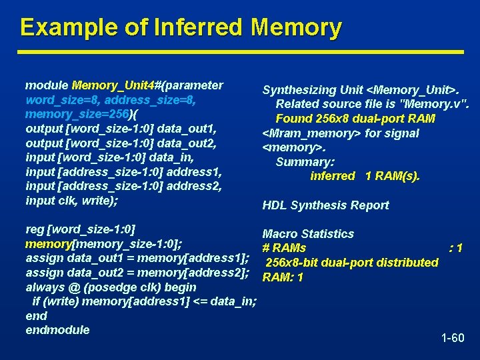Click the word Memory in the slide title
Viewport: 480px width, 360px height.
(x=297, y=27)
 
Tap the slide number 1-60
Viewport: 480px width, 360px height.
(x=453, y=338)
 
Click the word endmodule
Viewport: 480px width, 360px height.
(x=57, y=329)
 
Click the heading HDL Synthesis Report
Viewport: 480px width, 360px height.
(x=325, y=205)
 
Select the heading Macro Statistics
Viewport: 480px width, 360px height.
(x=308, y=234)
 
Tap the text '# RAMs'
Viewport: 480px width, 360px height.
(x=285, y=248)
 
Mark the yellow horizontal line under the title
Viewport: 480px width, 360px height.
(x=240, y=51)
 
